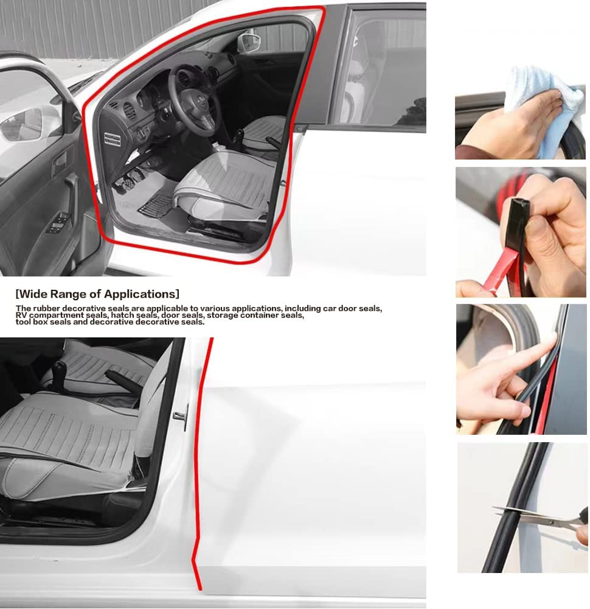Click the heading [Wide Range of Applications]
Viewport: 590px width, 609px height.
pyautogui.click(x=97, y=295)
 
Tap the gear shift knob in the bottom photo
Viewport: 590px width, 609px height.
pyautogui.click(x=60, y=368)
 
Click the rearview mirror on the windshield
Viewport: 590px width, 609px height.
pyautogui.click(x=249, y=43)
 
